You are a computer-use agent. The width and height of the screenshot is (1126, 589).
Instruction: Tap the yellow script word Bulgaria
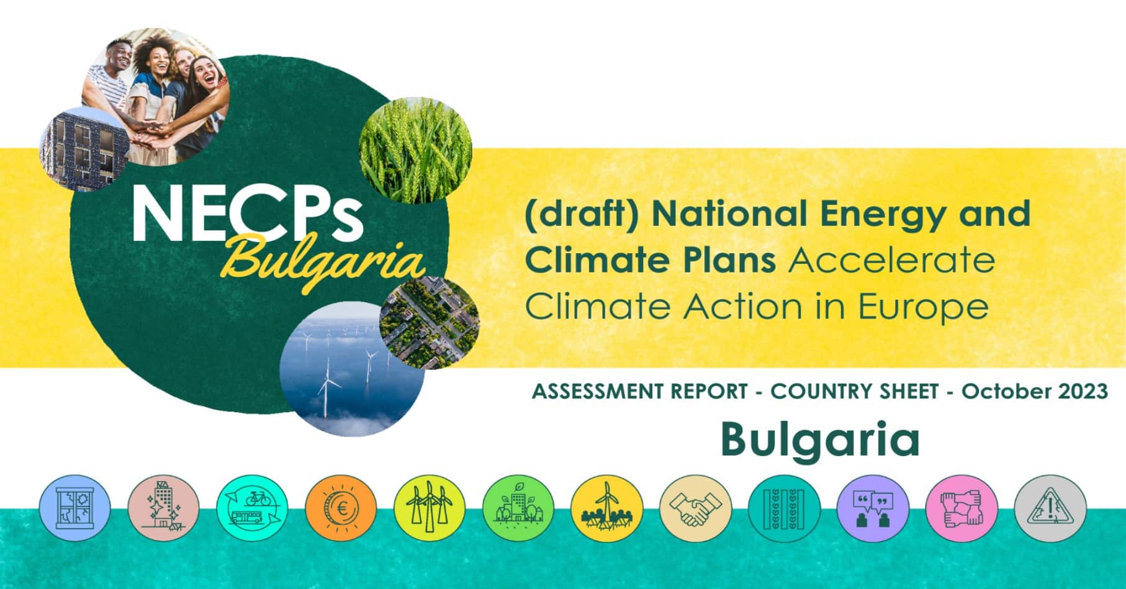click(x=325, y=261)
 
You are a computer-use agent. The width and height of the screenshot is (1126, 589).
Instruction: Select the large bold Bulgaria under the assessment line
click(x=820, y=441)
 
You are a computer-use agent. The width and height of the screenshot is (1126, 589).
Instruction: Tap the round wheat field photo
click(x=415, y=151)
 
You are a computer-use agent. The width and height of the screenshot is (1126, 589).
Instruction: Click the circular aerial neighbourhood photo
click(x=429, y=323)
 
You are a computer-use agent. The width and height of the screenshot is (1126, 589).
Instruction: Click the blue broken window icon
click(x=75, y=508)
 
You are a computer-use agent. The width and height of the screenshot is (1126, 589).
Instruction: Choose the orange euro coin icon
click(x=341, y=508)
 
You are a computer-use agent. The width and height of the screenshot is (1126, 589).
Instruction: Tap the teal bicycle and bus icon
click(x=253, y=508)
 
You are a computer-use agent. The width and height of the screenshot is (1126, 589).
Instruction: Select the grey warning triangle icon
click(x=1050, y=509)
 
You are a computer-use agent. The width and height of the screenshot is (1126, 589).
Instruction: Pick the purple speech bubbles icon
click(x=873, y=509)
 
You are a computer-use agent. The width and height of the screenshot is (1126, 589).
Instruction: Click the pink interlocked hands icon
click(x=961, y=509)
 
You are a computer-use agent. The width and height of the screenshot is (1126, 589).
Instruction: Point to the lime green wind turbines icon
click(x=430, y=508)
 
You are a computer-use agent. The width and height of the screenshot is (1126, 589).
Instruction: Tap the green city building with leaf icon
click(x=518, y=508)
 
